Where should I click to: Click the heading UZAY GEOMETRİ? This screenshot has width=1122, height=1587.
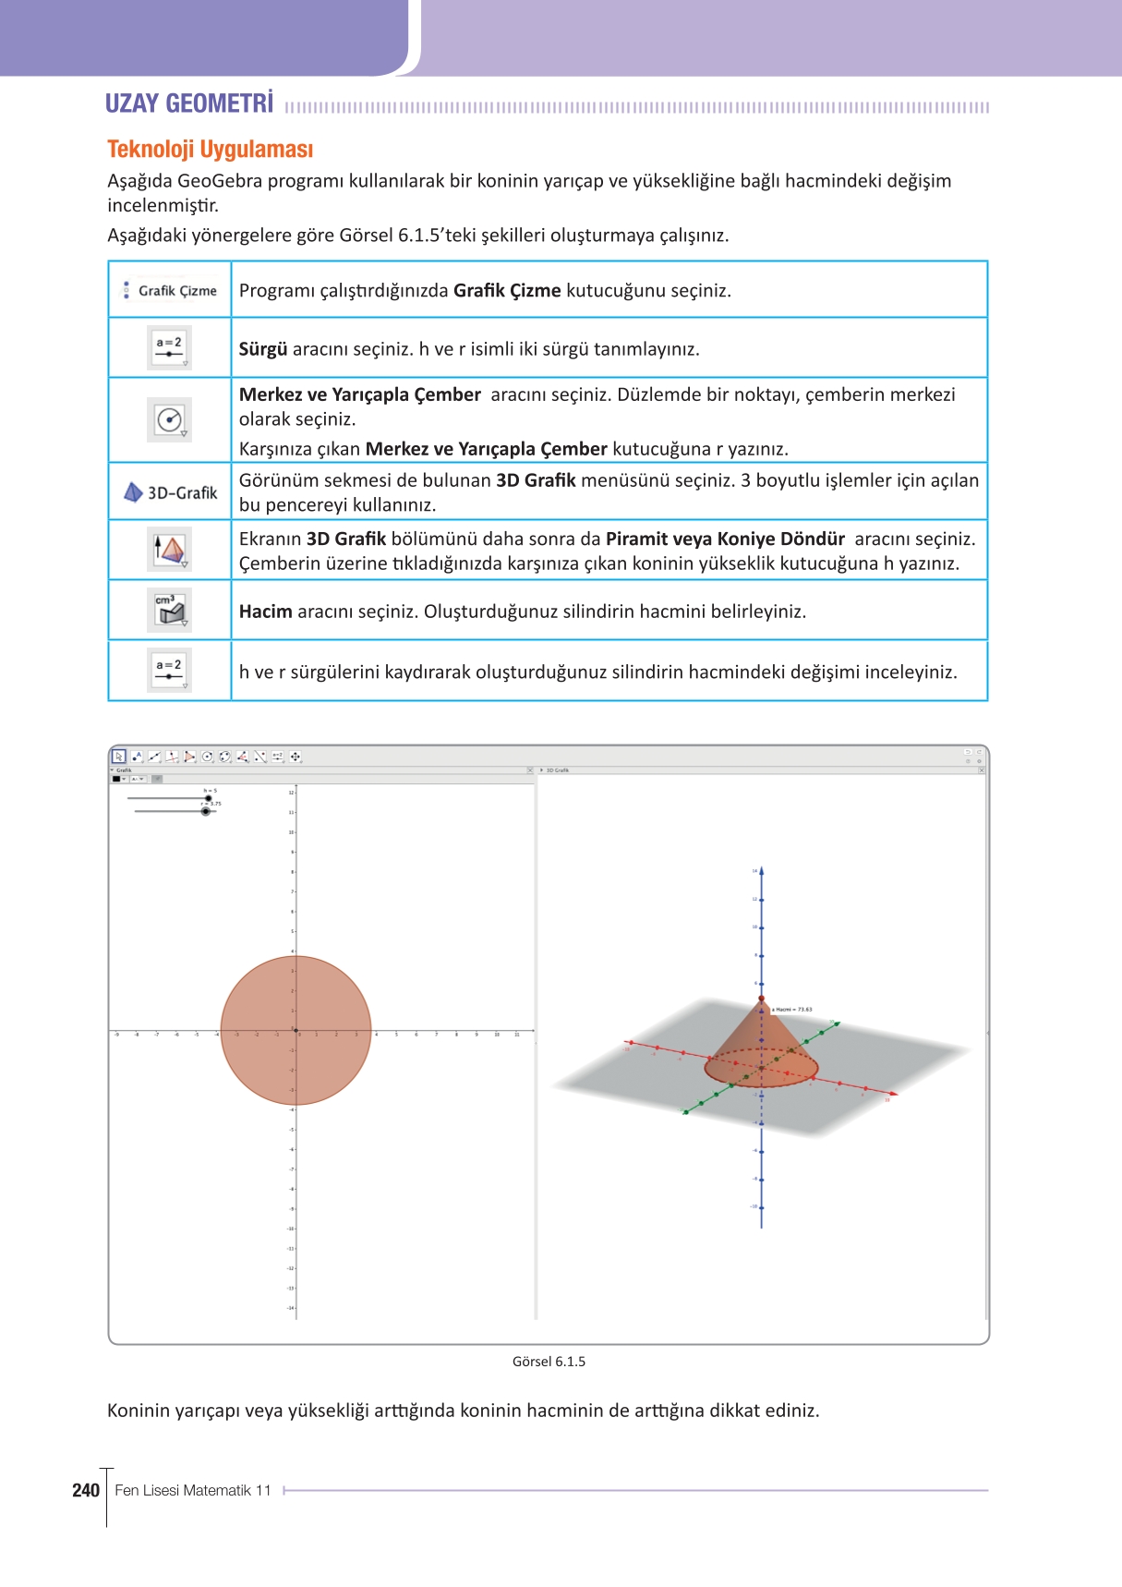coord(188,103)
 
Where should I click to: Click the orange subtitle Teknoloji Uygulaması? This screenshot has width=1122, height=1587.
coord(210,150)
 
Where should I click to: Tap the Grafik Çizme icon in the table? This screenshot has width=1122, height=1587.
coord(170,290)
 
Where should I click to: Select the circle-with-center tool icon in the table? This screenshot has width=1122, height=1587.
coord(169,420)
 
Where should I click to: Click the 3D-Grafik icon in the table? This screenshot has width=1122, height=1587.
coord(170,492)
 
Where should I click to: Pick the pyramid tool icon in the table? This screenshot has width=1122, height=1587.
coord(169,550)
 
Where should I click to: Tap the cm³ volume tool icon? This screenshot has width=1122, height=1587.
coord(169,611)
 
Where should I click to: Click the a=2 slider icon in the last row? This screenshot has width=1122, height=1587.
coord(169,670)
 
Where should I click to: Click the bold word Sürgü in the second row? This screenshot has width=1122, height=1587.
coord(262,349)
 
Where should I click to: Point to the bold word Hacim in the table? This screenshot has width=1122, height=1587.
coord(265,612)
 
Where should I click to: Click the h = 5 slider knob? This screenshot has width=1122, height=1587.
coord(208,798)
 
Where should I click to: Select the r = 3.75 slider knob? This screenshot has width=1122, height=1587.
coord(205,811)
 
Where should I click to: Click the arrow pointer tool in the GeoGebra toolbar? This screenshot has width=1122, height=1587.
coord(118,757)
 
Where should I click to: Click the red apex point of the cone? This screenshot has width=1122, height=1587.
coord(761,999)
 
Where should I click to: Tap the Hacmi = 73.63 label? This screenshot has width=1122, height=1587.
coord(792,1010)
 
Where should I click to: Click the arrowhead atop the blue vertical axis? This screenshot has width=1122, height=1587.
coord(761,870)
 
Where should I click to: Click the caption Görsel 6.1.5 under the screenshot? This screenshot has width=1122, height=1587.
coord(549,1362)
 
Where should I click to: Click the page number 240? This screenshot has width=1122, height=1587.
coord(85,1490)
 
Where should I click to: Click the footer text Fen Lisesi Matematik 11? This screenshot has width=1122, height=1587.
coord(192,1490)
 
